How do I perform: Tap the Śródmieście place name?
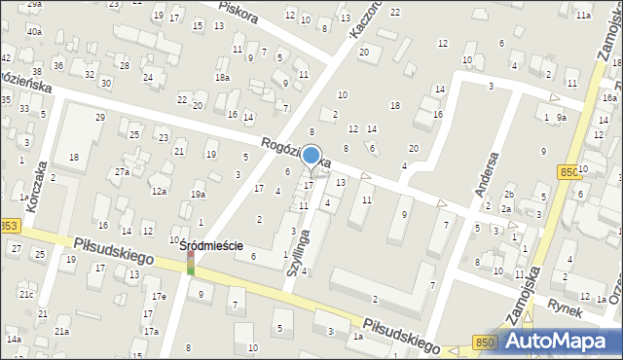(x=211, y=247)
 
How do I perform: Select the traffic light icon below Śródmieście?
(x=191, y=264)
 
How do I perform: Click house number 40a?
(x=34, y=31)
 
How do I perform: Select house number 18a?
(x=222, y=77)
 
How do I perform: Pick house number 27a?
(x=121, y=172)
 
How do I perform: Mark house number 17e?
(x=158, y=296)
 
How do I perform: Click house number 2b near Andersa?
(x=509, y=196)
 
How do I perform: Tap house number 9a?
(x=562, y=118)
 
